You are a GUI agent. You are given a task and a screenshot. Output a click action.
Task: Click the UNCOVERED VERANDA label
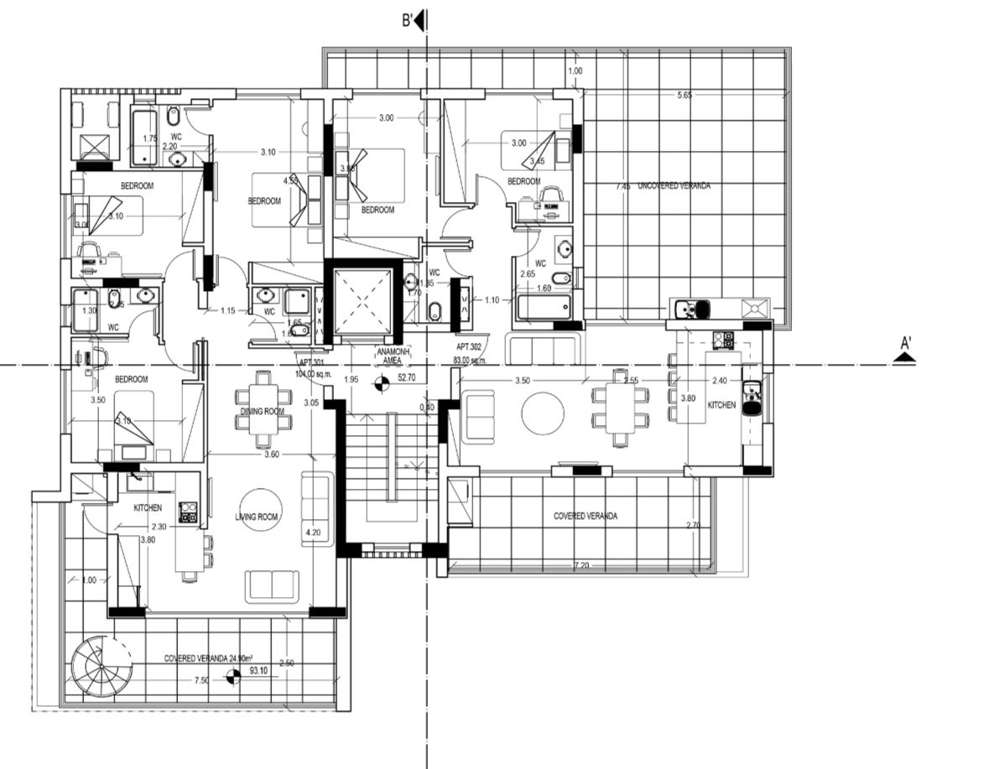coord(673,185)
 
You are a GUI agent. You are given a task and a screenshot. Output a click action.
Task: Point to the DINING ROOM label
coord(263,412)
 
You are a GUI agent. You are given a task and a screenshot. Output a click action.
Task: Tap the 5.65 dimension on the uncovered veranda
coord(684,96)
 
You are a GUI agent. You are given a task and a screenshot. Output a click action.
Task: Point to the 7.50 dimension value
coord(202,680)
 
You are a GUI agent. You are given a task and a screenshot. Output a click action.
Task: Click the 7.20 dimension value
coord(580,567)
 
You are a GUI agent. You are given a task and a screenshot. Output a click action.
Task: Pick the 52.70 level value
coord(407,378)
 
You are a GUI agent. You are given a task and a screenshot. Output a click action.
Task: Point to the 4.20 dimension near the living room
coord(314,533)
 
